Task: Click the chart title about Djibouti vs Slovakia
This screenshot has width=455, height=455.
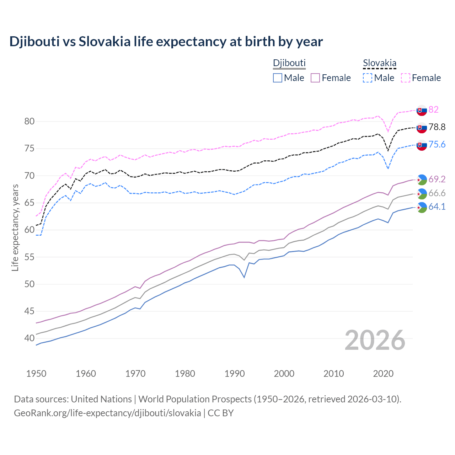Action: pos(166,42)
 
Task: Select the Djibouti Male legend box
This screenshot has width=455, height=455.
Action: pos(278,78)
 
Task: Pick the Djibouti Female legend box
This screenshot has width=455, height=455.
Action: pos(315,78)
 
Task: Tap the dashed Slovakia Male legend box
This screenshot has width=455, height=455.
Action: pos(368,78)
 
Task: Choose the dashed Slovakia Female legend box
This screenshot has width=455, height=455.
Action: pos(406,78)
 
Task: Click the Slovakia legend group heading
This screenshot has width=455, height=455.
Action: pos(379,63)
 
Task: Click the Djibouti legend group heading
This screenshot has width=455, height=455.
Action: pos(289,63)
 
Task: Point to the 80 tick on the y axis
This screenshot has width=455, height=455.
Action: pos(29,122)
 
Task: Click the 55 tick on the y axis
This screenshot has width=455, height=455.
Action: pos(29,257)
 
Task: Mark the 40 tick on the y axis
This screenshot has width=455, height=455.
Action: pos(29,338)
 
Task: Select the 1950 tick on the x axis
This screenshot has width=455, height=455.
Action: pos(36,374)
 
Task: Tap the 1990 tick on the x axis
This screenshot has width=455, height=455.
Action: pos(235,374)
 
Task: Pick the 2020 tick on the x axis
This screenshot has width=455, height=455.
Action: pos(383,374)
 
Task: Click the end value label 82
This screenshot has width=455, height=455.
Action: pos(433,109)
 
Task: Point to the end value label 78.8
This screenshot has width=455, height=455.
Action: pos(437,127)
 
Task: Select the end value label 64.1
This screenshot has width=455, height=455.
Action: pos(437,207)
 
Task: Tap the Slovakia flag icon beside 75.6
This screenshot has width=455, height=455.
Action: pos(422,145)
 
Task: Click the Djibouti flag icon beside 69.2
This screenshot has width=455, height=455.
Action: pos(422,180)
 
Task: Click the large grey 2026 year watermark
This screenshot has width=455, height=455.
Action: pos(375,340)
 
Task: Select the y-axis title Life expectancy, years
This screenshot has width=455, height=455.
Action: pos(15,227)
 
